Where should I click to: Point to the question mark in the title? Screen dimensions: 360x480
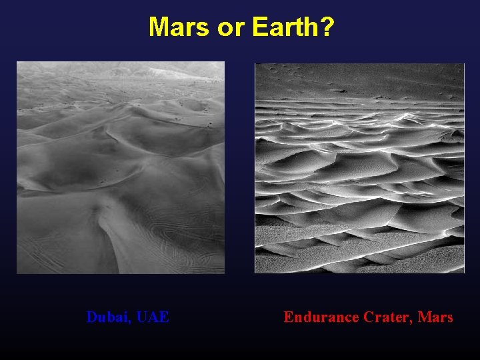327,28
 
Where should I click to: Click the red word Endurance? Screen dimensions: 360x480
321,317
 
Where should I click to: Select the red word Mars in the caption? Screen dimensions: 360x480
437,317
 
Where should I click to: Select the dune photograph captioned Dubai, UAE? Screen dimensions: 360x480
121,167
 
